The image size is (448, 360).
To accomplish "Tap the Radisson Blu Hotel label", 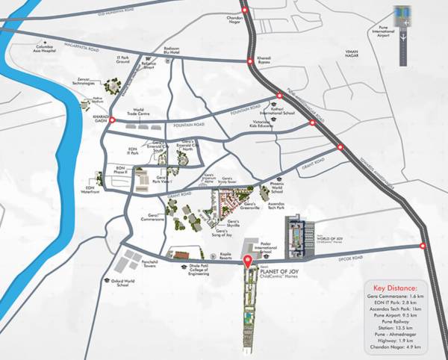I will click(x=174, y=50).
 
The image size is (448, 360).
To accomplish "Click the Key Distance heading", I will click(x=395, y=287).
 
